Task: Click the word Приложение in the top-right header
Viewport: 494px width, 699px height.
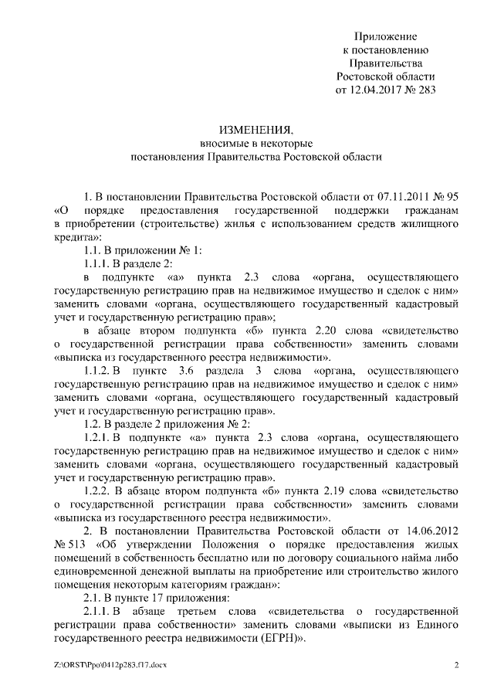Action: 386,36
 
